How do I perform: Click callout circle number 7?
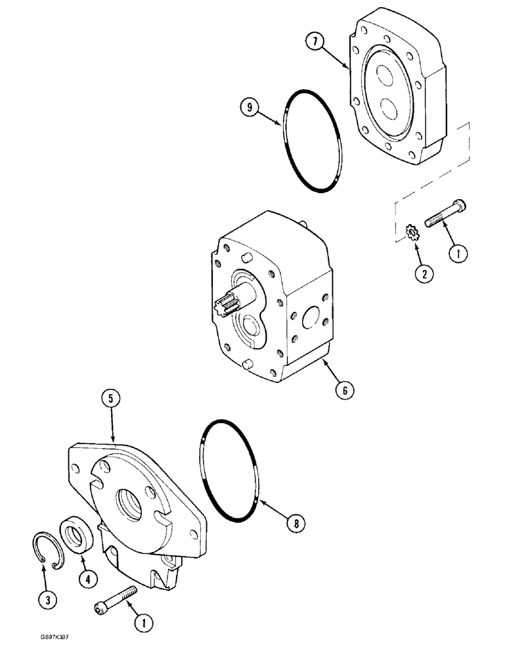[315, 43]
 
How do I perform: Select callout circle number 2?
[424, 275]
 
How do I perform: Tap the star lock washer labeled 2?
[413, 233]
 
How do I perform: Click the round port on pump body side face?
[311, 321]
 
